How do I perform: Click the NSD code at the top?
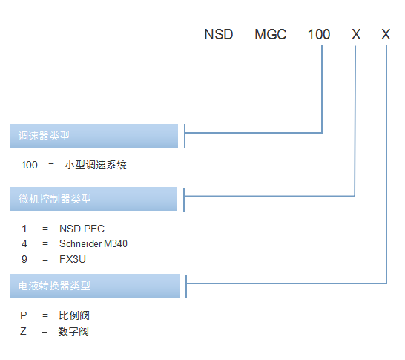[219, 34]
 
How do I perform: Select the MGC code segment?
[271, 34]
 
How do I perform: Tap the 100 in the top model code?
[319, 34]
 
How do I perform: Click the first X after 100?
[356, 34]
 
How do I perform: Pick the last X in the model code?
[386, 34]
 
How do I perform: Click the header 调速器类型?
[44, 136]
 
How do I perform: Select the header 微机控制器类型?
[55, 199]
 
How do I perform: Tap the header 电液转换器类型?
[54, 286]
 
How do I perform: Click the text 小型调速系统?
[96, 165]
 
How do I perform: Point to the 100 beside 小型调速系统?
[29, 165]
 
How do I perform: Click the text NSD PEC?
[82, 229]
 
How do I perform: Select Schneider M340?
[93, 243]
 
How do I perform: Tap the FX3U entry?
[73, 259]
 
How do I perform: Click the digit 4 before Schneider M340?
[24, 243]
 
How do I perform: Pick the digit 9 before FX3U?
[24, 259]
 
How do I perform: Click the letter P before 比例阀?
[24, 315]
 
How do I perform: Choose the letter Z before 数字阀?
[23, 331]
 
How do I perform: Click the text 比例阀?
[74, 315]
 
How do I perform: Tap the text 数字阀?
[73, 331]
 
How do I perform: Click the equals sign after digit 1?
[45, 229]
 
